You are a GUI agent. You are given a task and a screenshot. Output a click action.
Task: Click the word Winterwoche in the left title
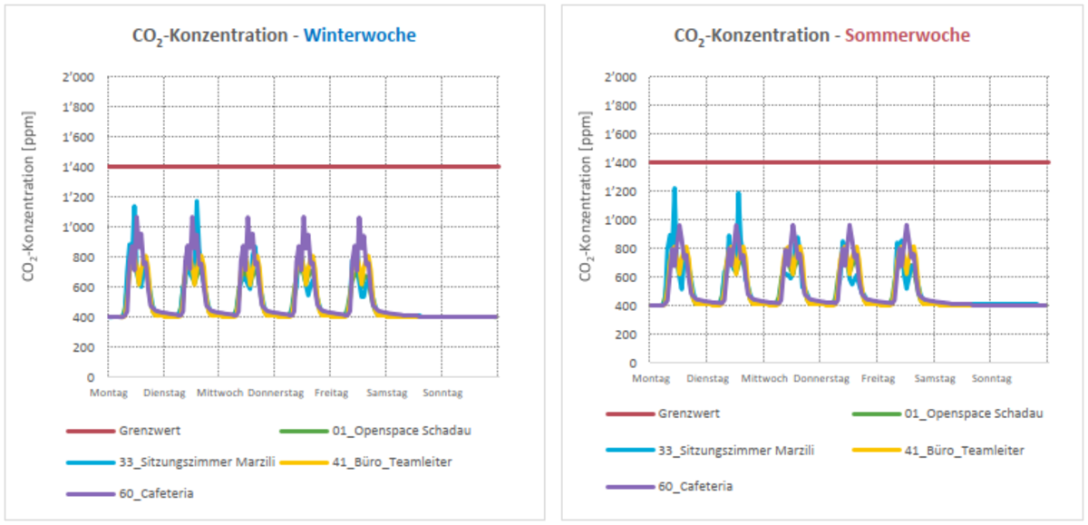click(x=360, y=35)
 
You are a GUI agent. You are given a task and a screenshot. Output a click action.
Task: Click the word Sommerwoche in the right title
click(x=907, y=35)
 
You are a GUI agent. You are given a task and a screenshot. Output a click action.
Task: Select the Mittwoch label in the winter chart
click(x=219, y=394)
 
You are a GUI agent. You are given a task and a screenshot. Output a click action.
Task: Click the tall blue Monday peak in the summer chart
click(x=674, y=190)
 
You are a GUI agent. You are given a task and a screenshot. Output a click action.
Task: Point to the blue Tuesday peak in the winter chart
click(x=196, y=203)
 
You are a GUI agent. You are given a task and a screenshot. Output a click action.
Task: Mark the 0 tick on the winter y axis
click(x=90, y=376)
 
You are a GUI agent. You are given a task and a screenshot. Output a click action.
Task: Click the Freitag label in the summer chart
click(x=878, y=378)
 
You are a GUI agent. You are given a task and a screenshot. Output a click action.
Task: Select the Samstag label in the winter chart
click(x=386, y=394)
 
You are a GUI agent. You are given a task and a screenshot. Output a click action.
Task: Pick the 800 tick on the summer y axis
click(x=627, y=248)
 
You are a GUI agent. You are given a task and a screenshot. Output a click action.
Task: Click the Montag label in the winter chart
click(x=108, y=394)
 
